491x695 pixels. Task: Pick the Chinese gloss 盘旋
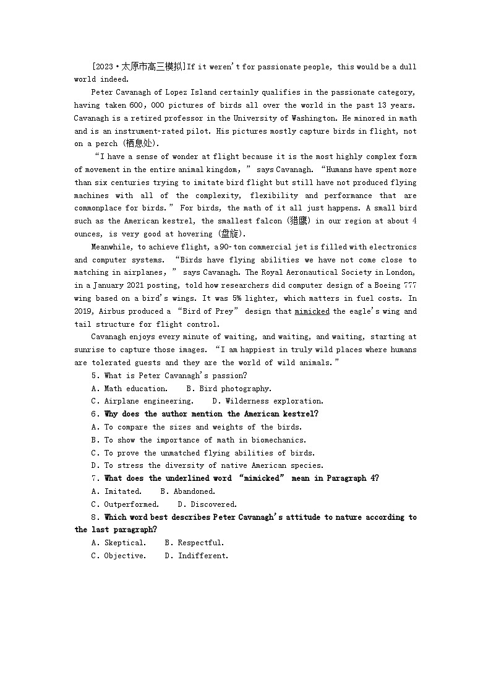point(232,234)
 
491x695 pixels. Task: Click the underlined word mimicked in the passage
point(312,311)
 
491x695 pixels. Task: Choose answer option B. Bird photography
point(229,389)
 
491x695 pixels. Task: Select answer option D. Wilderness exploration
point(268,401)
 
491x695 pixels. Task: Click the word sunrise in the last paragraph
point(90,350)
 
